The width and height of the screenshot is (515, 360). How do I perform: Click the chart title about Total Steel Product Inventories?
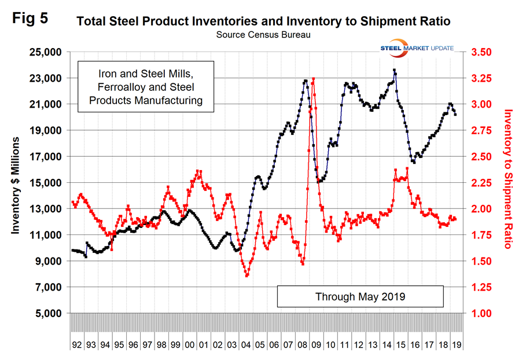tap(263, 22)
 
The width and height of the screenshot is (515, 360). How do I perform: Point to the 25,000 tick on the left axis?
tap(45, 52)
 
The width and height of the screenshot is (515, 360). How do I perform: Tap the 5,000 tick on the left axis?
tap(48, 313)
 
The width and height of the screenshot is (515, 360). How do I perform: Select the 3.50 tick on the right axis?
tap(485, 52)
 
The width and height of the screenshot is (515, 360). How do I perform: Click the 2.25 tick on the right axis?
tap(485, 183)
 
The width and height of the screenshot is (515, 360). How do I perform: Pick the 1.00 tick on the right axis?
tap(485, 313)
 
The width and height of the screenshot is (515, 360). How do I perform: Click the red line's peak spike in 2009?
tap(313, 79)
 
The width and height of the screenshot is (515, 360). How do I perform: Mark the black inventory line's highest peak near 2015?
tap(394, 70)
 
